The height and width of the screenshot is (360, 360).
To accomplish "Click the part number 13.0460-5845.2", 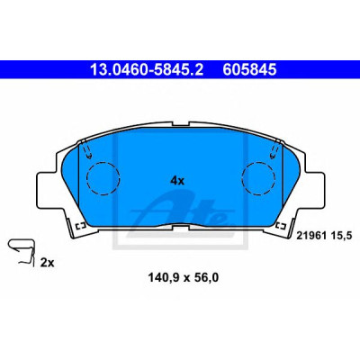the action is pyautogui.click(x=147, y=69).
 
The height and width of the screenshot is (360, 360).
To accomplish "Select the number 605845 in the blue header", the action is pyautogui.click(x=249, y=69).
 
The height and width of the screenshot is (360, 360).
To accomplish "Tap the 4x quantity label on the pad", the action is pyautogui.click(x=177, y=181).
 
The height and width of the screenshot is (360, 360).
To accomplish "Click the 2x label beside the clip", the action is pyautogui.click(x=47, y=263).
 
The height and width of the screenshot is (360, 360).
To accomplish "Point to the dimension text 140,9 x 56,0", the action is pyautogui.click(x=183, y=278).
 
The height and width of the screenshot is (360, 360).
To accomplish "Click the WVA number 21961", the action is pyautogui.click(x=310, y=236).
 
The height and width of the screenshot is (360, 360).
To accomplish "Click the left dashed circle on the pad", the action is pyautogui.click(x=103, y=179).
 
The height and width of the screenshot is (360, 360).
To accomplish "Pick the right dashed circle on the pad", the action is pyautogui.click(x=258, y=179).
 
